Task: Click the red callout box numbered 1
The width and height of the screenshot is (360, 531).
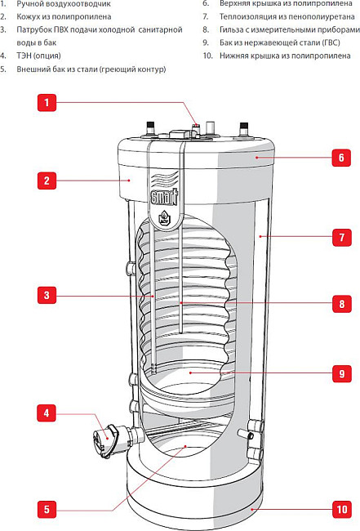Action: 47,102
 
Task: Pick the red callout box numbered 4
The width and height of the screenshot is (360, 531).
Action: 47,413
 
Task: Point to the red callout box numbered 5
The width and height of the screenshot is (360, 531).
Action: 47,509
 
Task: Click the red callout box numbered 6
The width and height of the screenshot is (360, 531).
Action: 340,157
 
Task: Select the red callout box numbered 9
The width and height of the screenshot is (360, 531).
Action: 340,374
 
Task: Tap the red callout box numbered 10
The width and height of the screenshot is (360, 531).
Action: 340,511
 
